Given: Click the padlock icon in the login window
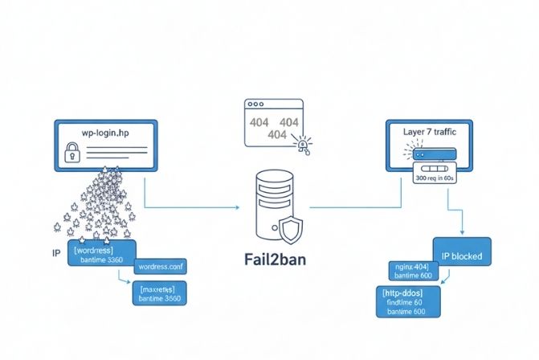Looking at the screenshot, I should (x=71, y=152).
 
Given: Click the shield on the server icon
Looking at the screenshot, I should (x=290, y=231).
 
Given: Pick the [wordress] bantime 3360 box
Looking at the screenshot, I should (x=103, y=253).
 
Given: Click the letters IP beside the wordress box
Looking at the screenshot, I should (x=56, y=252).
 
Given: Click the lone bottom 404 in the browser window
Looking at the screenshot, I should (x=276, y=135).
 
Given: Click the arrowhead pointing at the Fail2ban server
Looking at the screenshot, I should (x=237, y=207).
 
